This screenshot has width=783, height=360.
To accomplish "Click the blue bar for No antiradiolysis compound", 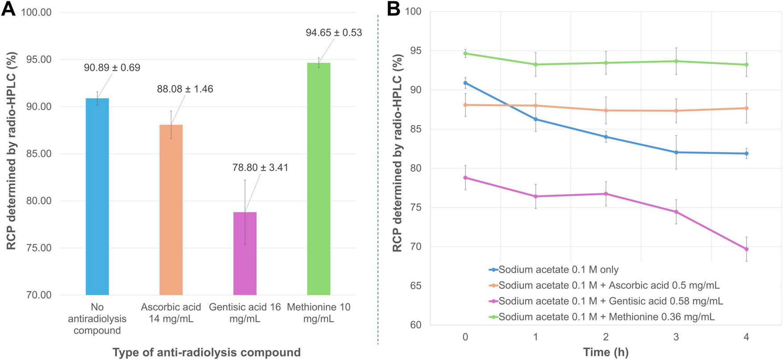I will point(97,196).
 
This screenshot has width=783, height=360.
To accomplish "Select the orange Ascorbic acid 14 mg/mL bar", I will point(171,210).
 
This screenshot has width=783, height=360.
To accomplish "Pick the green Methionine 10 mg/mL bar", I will point(319,178).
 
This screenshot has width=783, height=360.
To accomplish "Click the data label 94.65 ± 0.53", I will point(334,33).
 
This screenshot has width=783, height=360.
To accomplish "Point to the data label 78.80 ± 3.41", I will point(260,168).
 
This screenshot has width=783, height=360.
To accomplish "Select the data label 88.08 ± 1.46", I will point(185,89).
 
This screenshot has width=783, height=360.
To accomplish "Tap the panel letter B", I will point(393,9).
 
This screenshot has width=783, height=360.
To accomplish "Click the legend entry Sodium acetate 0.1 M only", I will point(558,269).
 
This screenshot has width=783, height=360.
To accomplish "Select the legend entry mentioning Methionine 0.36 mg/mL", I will point(606,317).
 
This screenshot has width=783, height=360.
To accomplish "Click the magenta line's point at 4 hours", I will point(746,249).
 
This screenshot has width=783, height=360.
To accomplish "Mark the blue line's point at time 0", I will point(465,83).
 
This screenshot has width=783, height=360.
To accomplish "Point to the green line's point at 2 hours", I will point(606,63).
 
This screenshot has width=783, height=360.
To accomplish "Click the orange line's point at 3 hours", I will point(676,111).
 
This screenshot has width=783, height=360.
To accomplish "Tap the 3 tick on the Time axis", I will point(676,337).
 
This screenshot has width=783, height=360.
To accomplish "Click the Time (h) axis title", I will point(605,352).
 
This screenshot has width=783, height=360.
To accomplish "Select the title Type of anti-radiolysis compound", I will point(207,352).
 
